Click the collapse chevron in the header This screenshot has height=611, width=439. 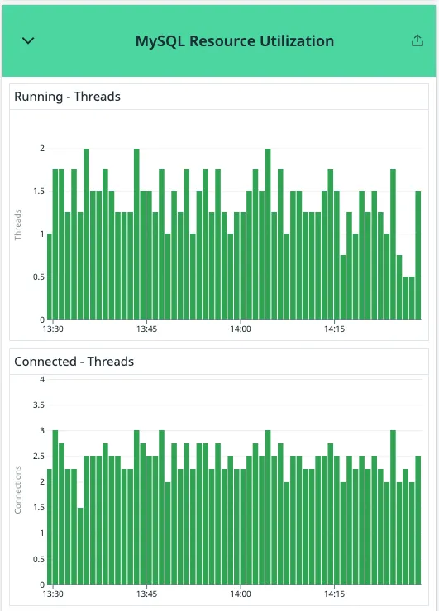coord(28,41)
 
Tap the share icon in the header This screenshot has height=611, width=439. coord(417,41)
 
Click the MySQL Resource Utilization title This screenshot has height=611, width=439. coord(235,41)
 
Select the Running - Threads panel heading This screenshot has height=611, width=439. coord(67,97)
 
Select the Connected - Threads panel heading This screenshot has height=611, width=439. coord(74,362)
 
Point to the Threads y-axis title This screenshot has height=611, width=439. coord(18,225)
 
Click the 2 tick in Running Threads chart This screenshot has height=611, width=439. coord(41,149)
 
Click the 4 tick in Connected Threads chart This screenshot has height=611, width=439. coord(41,379)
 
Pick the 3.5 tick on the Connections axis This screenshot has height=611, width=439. coord(38,405)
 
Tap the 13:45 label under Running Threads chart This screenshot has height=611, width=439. coord(146,329)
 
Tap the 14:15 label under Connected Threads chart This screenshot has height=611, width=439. coord(334,594)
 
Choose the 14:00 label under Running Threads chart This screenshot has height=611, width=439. coord(241,329)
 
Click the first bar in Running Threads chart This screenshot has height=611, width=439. coord(50,277)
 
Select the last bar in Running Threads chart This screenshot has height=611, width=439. coord(418,256)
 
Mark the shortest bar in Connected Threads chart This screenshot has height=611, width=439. coord(80,546)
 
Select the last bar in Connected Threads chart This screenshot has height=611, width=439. coord(418,520)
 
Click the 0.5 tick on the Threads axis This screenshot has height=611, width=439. coord(38,277)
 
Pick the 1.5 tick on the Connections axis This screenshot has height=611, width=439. coord(38,508)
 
